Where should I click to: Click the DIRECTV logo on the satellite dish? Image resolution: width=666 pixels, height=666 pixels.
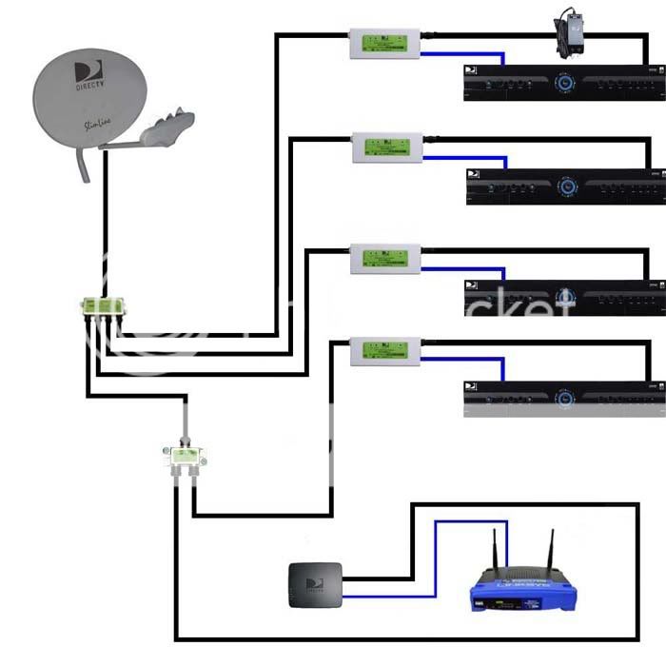point(87,76)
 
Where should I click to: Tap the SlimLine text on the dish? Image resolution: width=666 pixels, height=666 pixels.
point(88,124)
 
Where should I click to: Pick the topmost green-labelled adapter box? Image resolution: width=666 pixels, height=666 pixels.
point(386,43)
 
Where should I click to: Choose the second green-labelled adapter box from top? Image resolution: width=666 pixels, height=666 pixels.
point(388,147)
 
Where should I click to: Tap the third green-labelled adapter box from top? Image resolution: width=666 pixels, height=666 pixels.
point(386,257)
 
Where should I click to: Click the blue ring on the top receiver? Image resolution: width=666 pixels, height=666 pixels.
point(568,84)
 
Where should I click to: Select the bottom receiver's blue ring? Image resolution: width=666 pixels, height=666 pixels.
point(568,399)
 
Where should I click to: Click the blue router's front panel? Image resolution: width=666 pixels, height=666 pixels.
point(523,599)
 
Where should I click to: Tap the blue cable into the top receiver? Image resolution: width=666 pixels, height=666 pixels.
point(466,55)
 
